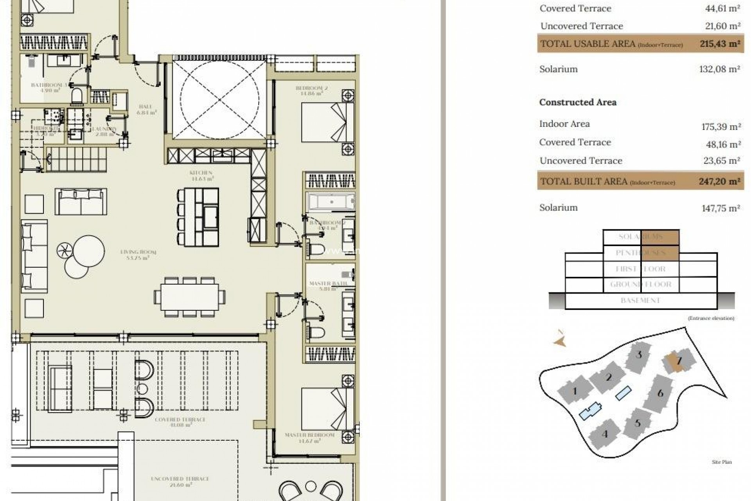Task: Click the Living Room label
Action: [138, 254]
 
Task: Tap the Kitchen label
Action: [201, 175]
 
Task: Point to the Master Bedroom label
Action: [309, 437]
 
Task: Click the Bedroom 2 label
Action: [312, 90]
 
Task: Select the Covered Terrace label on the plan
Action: [174, 422]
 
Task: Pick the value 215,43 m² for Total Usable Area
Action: [719, 44]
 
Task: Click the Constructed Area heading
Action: [578, 103]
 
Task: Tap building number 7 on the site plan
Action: [679, 360]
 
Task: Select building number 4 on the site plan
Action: [604, 434]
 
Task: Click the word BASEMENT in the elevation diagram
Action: [640, 301]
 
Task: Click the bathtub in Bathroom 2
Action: [331, 202]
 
